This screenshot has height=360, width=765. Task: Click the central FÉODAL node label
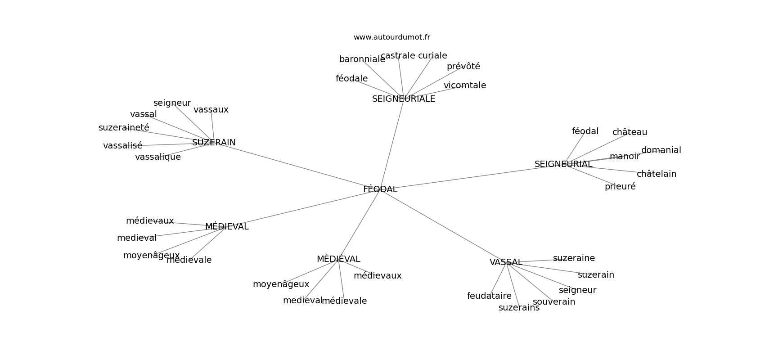click(380, 189)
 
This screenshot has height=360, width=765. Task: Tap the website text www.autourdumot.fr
click(391, 37)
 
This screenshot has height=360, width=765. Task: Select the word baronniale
click(362, 59)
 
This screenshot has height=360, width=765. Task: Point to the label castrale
click(398, 56)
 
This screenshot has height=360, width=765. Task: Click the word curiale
click(432, 56)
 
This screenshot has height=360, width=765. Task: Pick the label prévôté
click(463, 67)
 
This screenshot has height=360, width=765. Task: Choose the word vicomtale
click(465, 85)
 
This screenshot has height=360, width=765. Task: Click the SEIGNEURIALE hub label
click(404, 99)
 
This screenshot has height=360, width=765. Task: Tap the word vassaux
click(211, 110)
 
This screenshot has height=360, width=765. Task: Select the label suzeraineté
click(124, 128)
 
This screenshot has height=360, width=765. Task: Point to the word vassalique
click(158, 157)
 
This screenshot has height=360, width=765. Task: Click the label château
click(630, 132)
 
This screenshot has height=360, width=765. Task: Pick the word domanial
click(661, 150)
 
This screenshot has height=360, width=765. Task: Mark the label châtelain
click(656, 174)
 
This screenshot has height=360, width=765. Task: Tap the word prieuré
click(620, 187)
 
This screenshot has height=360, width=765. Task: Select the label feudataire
click(489, 296)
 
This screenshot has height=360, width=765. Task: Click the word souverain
click(554, 302)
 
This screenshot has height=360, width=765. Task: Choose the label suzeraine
click(574, 258)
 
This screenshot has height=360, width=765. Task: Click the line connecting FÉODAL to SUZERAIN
click(297, 166)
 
